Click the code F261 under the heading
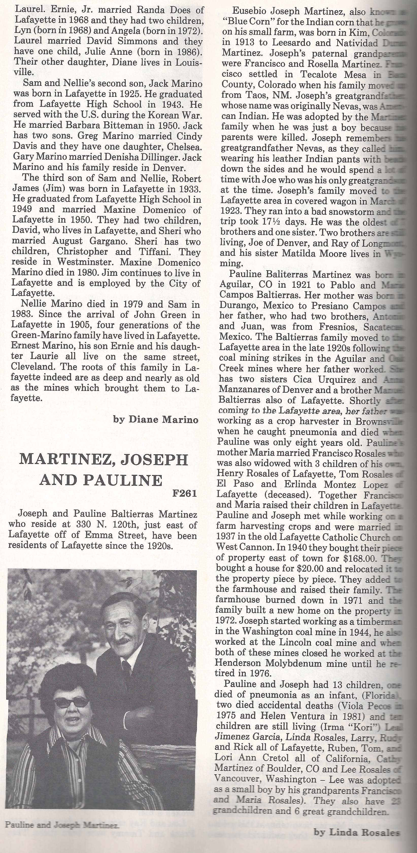(x=184, y=494)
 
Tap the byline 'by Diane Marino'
(x=156, y=420)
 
